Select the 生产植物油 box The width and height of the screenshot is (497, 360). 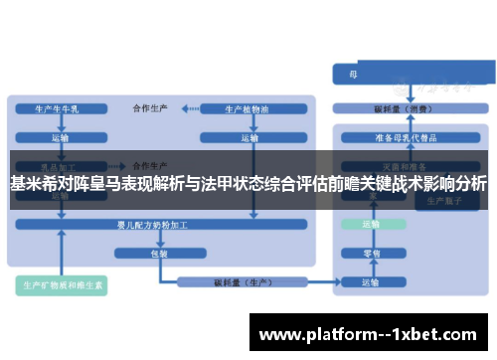(241, 107)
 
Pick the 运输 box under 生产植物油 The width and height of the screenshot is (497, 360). (241, 137)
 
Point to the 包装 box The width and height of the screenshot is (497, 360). (158, 254)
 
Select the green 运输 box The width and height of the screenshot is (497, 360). (371, 226)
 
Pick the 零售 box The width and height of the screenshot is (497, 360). (371, 254)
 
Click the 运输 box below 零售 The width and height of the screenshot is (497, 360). (371, 283)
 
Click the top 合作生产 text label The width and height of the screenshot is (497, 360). (151, 105)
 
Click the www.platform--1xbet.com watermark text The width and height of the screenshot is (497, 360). (367, 334)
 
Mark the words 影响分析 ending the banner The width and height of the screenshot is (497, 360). (457, 184)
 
